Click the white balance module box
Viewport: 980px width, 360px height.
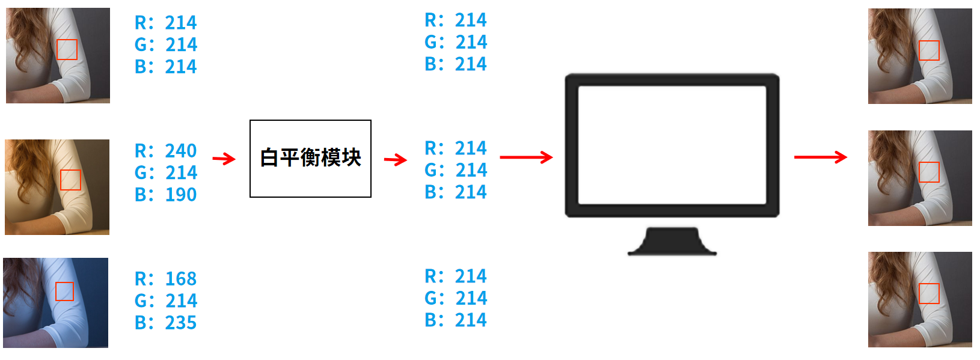click(310, 159)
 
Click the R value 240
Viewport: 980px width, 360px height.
click(180, 150)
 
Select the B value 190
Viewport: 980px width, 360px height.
click(180, 195)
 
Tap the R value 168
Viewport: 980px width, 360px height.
click(180, 279)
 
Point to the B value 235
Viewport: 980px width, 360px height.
click(180, 323)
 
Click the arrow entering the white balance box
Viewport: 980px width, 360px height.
click(224, 159)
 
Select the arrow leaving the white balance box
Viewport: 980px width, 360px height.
click(396, 160)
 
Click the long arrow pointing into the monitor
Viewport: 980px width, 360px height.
click(526, 157)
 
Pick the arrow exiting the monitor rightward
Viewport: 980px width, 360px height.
click(821, 157)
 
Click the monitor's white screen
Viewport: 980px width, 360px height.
click(672, 145)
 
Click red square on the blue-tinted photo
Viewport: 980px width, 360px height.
click(64, 291)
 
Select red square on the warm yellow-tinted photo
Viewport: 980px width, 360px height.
click(70, 180)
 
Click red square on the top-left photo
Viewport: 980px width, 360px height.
click(67, 49)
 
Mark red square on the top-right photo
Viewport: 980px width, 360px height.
click(929, 50)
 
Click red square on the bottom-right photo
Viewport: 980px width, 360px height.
click(929, 293)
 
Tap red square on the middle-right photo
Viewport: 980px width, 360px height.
click(929, 172)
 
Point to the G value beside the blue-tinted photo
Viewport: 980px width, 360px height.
click(180, 301)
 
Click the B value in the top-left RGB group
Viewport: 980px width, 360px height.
click(180, 67)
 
